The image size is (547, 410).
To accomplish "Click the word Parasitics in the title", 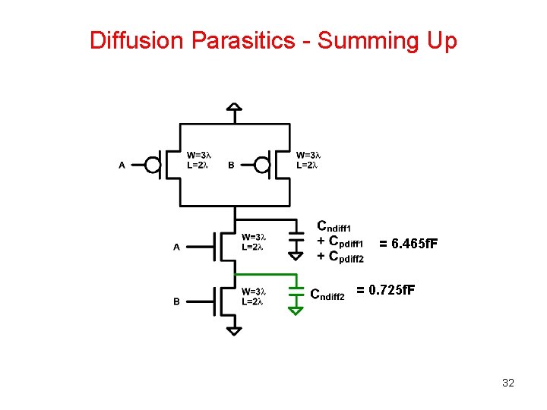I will coord(248,40).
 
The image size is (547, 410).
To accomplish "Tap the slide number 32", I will coord(508,383).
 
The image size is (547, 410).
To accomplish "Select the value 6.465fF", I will coord(409,244).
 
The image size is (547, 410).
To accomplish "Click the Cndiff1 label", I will coord(339,227).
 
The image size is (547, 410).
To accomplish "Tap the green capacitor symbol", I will coord(295,292).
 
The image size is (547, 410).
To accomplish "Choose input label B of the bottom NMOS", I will coord(176,302).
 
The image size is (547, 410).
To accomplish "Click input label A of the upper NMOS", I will coord(176,246).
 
